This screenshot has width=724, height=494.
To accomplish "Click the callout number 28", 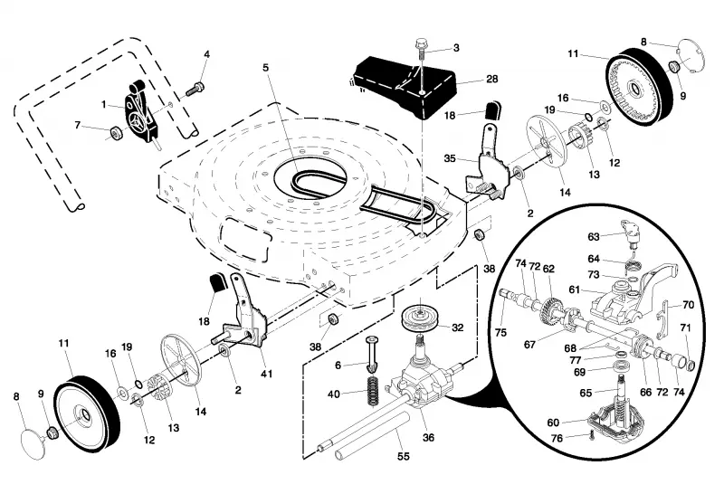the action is [x=492, y=79].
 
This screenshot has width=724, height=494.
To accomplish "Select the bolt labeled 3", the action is [x=421, y=50].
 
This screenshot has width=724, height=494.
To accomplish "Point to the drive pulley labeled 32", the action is [x=420, y=319].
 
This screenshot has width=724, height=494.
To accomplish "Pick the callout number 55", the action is [x=404, y=456].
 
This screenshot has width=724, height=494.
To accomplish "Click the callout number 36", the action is [x=428, y=437].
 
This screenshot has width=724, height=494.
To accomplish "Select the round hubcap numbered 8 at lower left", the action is [x=34, y=443].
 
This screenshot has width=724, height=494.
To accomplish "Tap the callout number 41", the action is [x=266, y=373].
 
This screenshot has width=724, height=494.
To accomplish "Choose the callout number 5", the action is [x=265, y=68].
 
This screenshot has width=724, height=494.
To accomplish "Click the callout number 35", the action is [x=450, y=158].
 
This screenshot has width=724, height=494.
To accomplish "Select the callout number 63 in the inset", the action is [x=594, y=237].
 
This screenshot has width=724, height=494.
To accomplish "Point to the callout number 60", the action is [x=553, y=423].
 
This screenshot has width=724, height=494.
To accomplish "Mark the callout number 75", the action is [x=500, y=332].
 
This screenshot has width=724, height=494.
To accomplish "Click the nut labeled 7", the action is [x=115, y=133].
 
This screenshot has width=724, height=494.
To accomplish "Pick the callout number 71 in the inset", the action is [x=685, y=328].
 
